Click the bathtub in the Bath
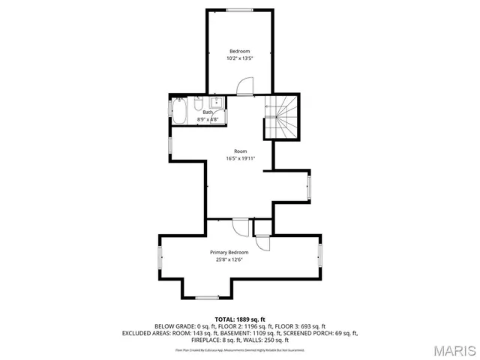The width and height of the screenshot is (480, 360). click(x=180, y=113)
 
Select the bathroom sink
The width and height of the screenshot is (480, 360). click(x=216, y=103)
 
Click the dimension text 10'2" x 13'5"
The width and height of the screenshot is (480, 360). click(x=240, y=58)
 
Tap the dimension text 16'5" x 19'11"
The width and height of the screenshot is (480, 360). click(x=240, y=158)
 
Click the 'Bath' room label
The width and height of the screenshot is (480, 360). click(x=207, y=112)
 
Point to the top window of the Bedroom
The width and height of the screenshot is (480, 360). click(x=240, y=9)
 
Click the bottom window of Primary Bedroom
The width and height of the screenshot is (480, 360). click(x=207, y=298)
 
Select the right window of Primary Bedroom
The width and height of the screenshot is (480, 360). click(x=321, y=255)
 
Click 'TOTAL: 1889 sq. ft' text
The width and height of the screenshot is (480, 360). click(x=240, y=319)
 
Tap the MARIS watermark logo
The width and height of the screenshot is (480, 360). click(x=454, y=349)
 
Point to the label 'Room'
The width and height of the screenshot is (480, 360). click(x=240, y=151)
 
